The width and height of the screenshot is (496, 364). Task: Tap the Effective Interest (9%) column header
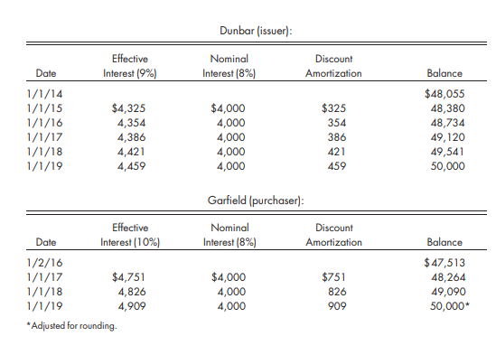click(x=130, y=66)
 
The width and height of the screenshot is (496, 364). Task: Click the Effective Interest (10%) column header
click(x=130, y=235)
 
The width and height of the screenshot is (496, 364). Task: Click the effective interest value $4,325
click(x=130, y=108)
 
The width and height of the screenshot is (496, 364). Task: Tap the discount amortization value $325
click(x=333, y=108)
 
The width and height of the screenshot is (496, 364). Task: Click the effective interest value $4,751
click(x=130, y=277)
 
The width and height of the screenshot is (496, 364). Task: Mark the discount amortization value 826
click(x=335, y=292)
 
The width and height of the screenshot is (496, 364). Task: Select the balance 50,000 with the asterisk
click(x=449, y=306)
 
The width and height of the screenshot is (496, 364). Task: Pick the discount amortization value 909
click(x=335, y=306)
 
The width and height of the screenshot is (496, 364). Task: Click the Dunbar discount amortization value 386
click(x=335, y=138)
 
